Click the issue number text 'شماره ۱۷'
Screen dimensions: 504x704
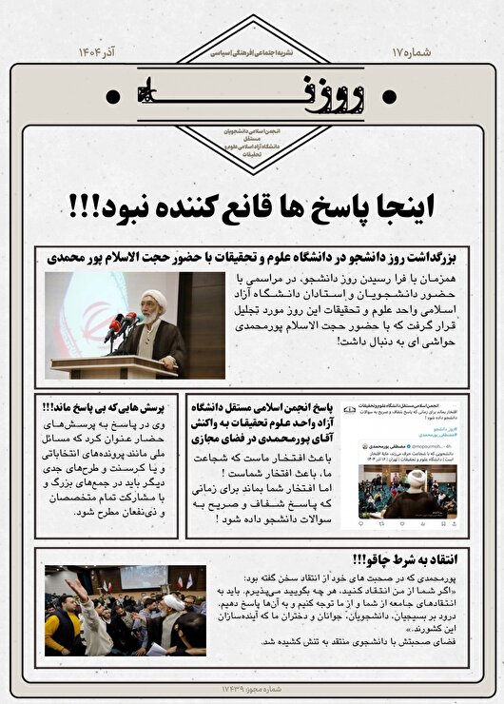411,50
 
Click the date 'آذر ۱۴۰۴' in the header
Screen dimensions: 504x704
98,50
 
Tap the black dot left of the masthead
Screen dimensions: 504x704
114,93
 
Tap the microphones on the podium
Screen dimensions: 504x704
122,326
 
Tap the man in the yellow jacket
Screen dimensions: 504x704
63,628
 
